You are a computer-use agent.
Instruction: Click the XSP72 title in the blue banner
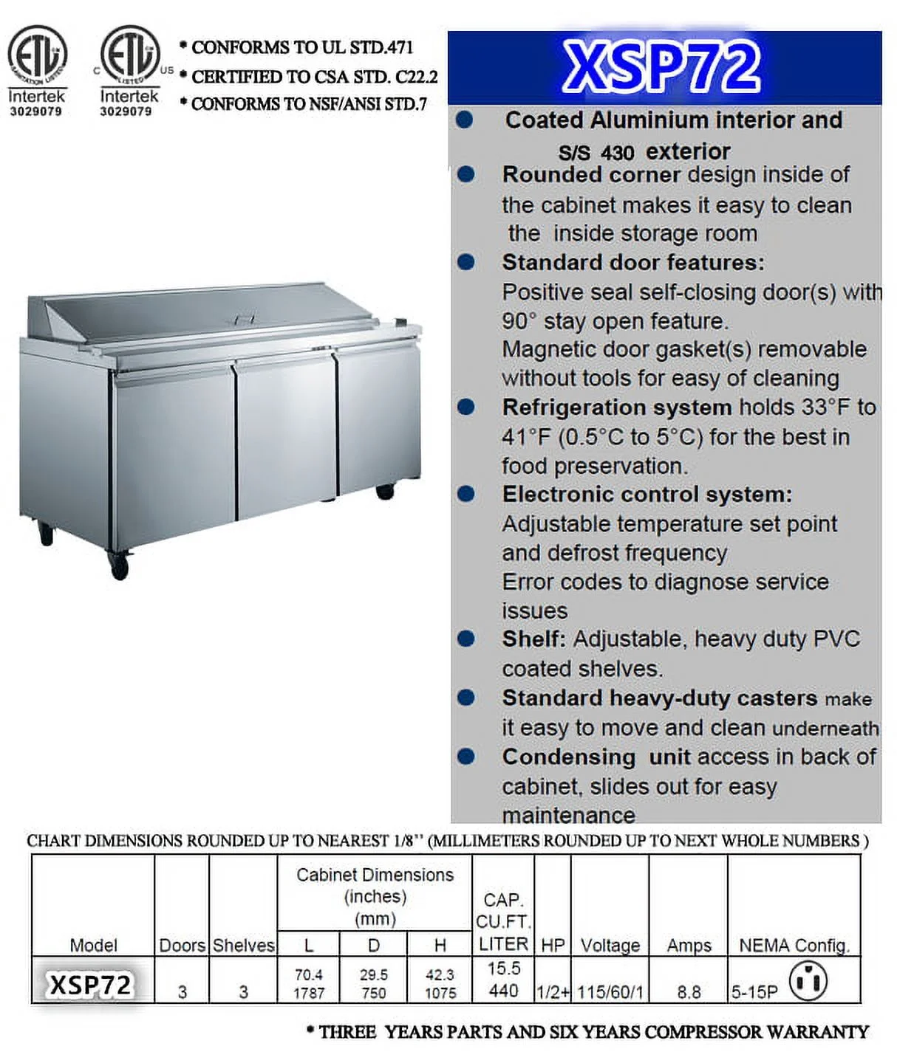tap(661, 66)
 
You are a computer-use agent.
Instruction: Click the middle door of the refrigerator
tap(286, 436)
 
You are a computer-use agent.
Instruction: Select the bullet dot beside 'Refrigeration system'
tap(466, 407)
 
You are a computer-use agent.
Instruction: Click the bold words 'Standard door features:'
tap(633, 263)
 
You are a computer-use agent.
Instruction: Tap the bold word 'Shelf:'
tap(533, 639)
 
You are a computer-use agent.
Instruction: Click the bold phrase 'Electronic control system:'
tap(647, 495)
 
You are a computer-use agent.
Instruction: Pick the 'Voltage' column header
tap(610, 945)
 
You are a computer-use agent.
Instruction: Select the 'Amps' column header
tap(689, 945)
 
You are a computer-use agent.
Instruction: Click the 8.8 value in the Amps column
tap(689, 992)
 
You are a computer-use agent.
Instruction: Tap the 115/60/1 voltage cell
tap(610, 992)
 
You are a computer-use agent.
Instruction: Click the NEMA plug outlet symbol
tap(808, 981)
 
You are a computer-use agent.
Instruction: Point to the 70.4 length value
tap(309, 975)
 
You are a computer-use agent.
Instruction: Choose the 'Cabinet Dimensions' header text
tap(375, 875)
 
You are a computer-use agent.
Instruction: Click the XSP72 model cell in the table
tap(91, 985)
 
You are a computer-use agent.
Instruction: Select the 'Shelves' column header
tap(244, 945)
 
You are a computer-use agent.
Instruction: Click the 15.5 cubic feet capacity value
tap(503, 969)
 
